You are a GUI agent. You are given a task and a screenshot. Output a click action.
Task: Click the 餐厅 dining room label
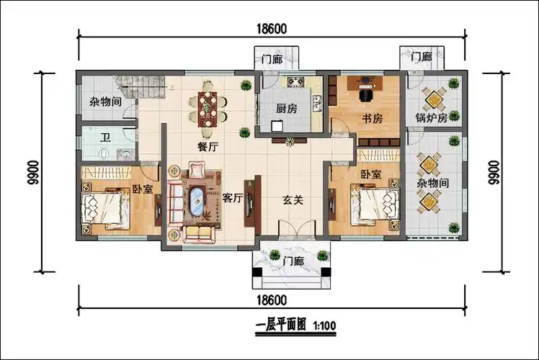208,146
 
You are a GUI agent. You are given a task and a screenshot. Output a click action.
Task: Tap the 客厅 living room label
231,199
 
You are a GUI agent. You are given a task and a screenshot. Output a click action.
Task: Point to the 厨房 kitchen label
286,110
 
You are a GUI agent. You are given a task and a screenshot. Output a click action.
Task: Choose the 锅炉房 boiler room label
432,117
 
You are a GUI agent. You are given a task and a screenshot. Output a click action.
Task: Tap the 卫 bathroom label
105,138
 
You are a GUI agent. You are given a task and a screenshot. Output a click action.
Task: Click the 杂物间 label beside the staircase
104,103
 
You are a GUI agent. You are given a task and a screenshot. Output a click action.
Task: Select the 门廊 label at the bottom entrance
293,260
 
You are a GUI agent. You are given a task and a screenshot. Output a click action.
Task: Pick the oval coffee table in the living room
197,202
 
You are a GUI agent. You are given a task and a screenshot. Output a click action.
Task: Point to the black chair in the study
366,93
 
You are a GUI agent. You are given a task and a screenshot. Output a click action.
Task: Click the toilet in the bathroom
106,153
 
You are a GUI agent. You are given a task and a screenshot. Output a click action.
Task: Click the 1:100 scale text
324,326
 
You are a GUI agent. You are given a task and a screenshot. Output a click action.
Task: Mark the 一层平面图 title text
282,326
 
